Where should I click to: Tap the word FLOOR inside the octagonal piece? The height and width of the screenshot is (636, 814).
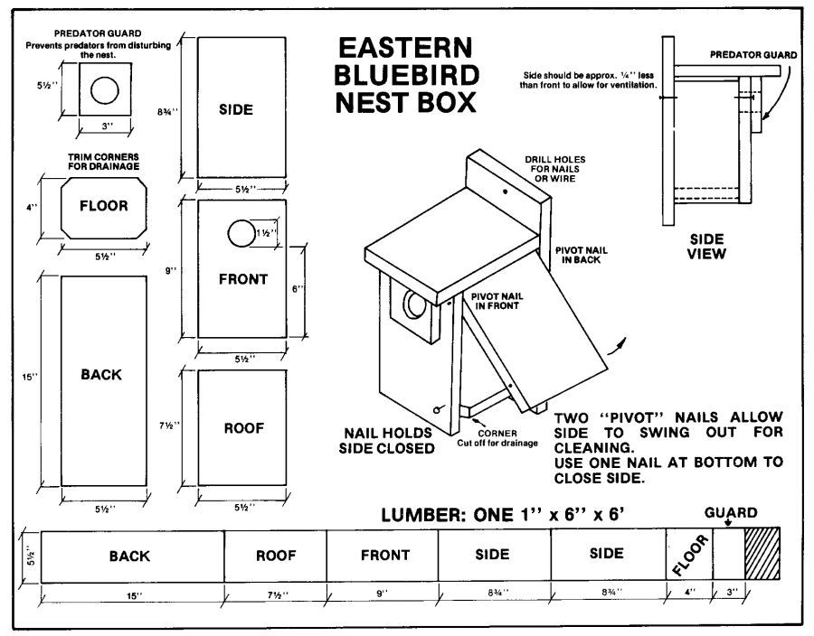pos(104,205)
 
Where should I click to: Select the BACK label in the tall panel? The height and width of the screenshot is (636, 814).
pos(100,374)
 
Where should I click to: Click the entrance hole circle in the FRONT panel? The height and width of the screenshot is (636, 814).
pos(241,234)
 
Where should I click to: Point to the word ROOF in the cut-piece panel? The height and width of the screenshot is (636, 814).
pos(244,428)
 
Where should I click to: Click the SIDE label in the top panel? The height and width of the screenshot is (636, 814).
pos(236,109)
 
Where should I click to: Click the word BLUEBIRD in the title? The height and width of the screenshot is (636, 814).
pos(406,74)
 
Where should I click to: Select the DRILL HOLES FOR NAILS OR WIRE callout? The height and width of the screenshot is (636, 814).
pos(551,167)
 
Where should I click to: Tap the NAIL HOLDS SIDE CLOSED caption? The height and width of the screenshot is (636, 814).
pos(387,440)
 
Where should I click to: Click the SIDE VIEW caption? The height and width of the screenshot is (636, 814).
pos(705,247)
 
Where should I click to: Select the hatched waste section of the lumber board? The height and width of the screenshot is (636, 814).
pos(762,555)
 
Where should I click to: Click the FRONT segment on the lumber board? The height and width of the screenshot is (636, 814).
pos(384,555)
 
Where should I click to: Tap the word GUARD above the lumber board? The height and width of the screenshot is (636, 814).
pos(732,512)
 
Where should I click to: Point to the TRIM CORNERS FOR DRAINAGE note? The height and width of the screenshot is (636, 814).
pos(103,161)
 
